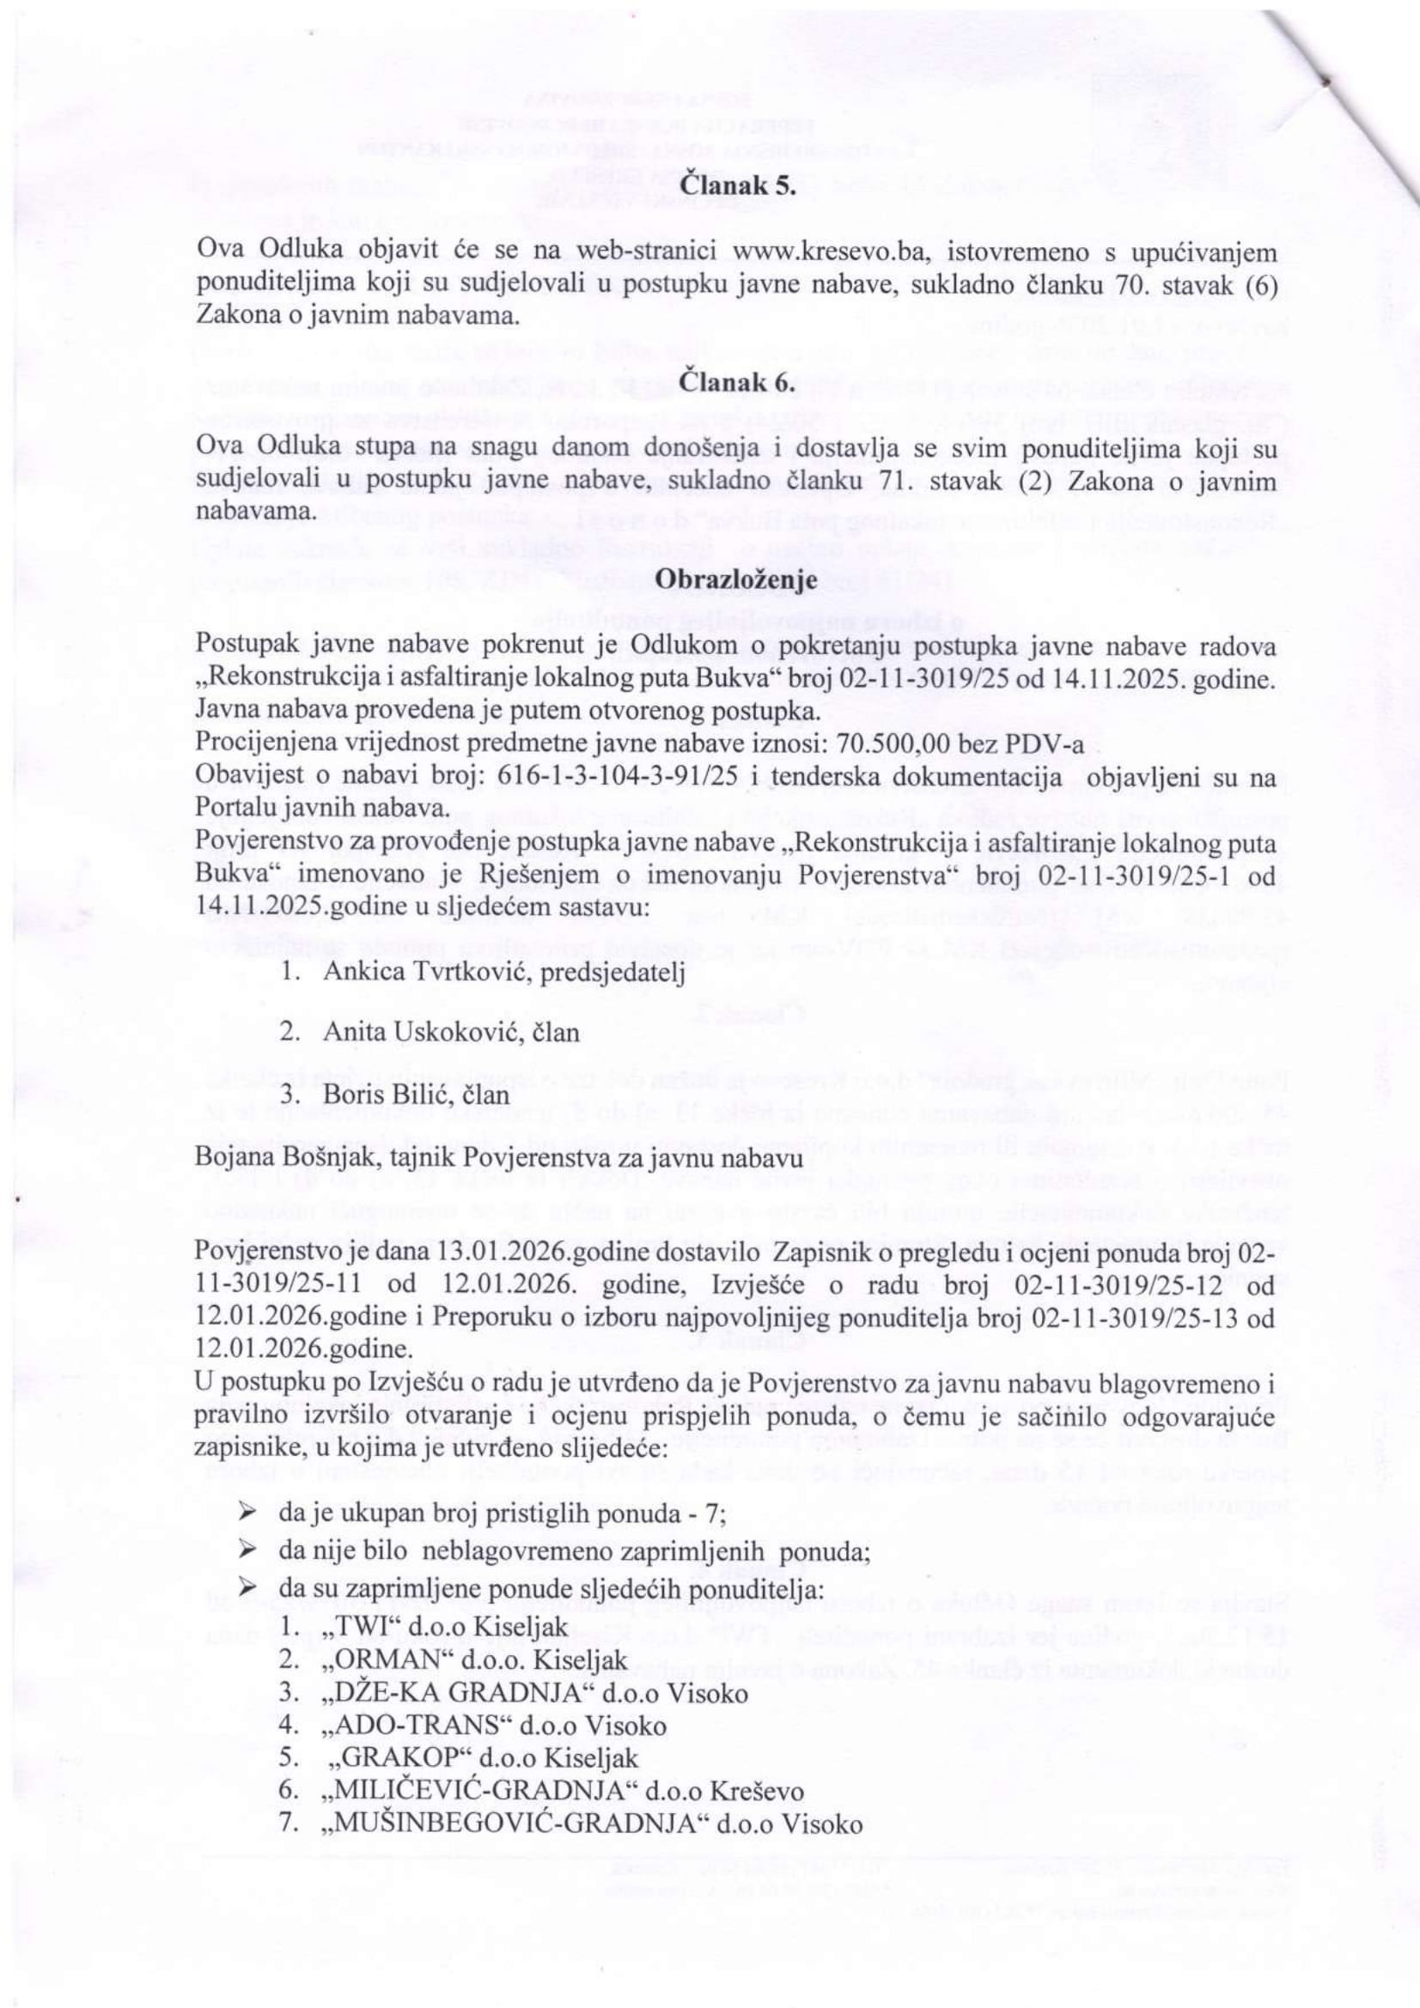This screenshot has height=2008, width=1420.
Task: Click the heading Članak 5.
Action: coord(738,186)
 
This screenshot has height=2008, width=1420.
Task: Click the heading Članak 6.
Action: coord(738,383)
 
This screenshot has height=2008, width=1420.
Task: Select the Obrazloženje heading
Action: coord(738,579)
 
